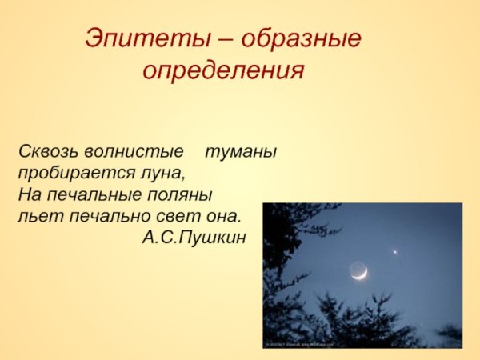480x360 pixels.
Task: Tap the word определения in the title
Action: (223, 71)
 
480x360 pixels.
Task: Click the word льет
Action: (34, 216)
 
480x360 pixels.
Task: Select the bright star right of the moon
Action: (395, 251)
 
